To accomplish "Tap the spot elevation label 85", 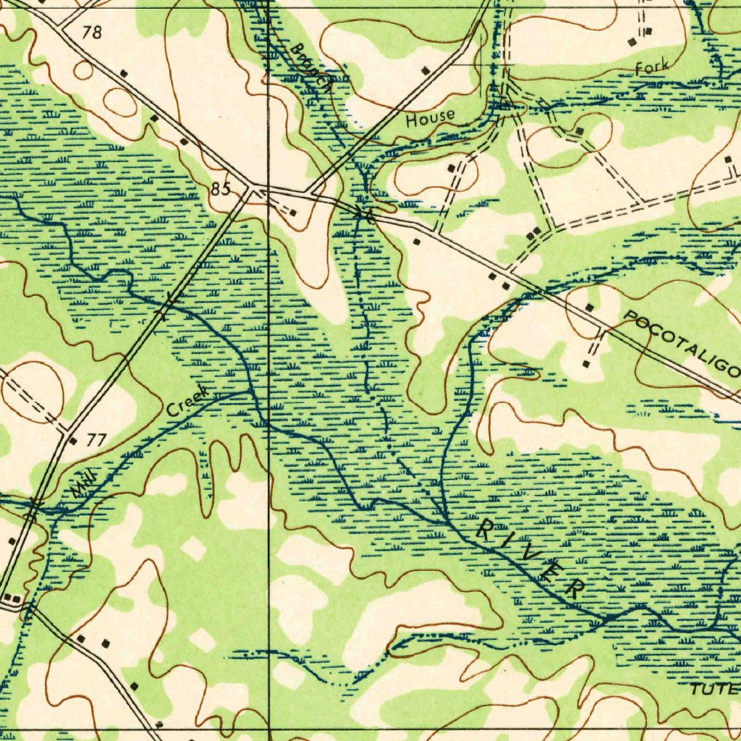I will (221, 190).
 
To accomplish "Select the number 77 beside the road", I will (96, 440).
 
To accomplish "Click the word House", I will (430, 117).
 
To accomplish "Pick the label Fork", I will (651, 68).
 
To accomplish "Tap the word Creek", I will (187, 401).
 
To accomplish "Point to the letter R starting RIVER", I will (485, 530).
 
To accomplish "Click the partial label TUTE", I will (715, 689).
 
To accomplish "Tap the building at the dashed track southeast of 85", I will (292, 213).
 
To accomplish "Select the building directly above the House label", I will (425, 70).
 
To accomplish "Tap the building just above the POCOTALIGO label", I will (590, 308).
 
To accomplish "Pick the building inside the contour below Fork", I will (580, 131).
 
